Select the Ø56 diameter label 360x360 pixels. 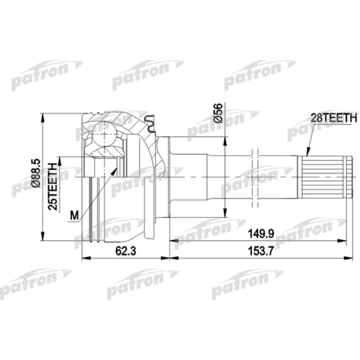(x=218, y=113)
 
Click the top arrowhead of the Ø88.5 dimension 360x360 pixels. (x=42, y=116)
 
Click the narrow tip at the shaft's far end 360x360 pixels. (x=349, y=176)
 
